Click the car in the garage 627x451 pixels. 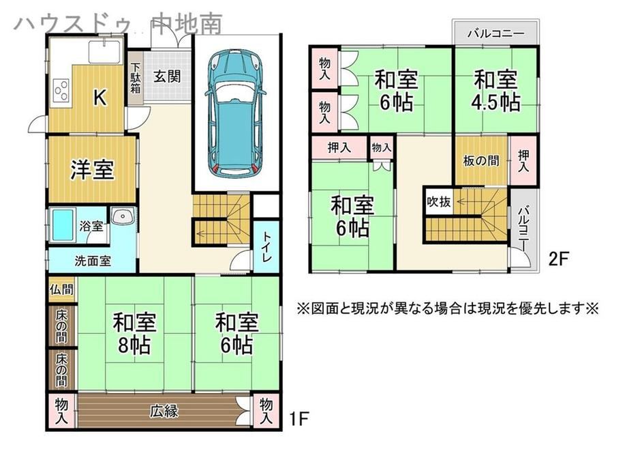pyautogui.click(x=236, y=113)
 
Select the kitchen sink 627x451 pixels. pyautogui.click(x=105, y=52)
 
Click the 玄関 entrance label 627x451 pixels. pyautogui.click(x=167, y=76)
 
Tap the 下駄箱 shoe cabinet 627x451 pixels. pyautogui.click(x=136, y=78)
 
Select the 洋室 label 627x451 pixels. pyautogui.click(x=93, y=170)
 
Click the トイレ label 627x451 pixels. pyautogui.click(x=266, y=247)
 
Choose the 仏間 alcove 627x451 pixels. pyautogui.click(x=62, y=289)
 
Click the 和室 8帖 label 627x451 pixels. pyautogui.click(x=134, y=334)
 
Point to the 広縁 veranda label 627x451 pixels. pyautogui.click(x=164, y=411)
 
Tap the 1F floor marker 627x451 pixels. pyautogui.click(x=299, y=420)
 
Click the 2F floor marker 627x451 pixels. pyautogui.click(x=558, y=259)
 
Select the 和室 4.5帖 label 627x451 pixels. pyautogui.click(x=496, y=91)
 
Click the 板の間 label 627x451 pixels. pyautogui.click(x=481, y=161)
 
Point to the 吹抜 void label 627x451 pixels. pyautogui.click(x=439, y=202)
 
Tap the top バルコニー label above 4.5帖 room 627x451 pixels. pyautogui.click(x=496, y=33)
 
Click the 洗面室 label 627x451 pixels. pyautogui.click(x=93, y=261)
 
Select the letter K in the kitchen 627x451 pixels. pyautogui.click(x=100, y=98)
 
